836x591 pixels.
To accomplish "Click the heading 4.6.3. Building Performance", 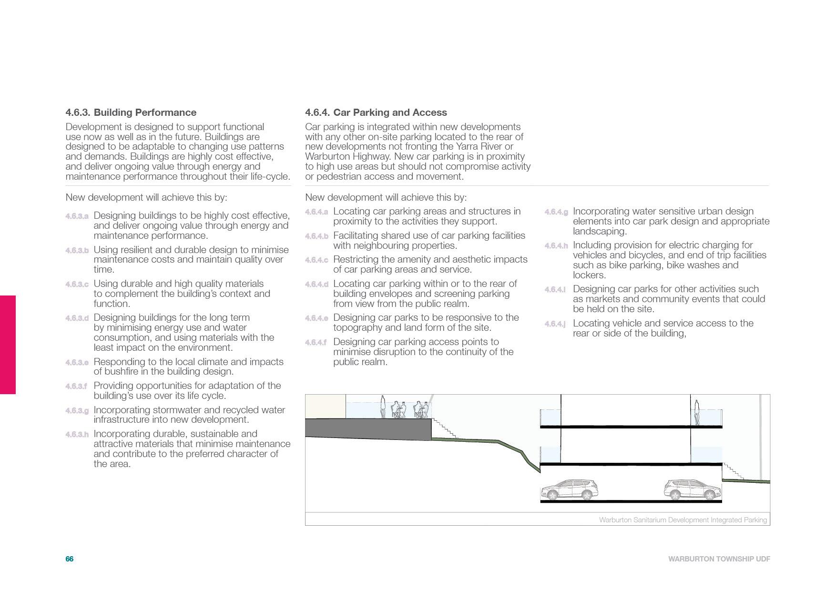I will coord(131,112).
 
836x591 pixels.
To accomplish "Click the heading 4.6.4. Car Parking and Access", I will coord(376,112).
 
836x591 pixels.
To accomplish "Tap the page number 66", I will coord(70,559).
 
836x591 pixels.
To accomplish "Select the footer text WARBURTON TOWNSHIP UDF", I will coord(719,559).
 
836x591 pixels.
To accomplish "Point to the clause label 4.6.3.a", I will coord(77,216).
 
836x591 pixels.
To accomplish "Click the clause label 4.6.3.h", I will coord(77,435).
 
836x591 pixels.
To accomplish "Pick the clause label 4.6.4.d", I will coord(316,285).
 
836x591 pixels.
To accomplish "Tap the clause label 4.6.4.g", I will coord(556,212).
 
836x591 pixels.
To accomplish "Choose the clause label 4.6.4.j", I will coord(555,324).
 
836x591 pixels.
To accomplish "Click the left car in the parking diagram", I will coord(569,489).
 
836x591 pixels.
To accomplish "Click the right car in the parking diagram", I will coord(693,489).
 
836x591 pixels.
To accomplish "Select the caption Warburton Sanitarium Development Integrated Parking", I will coord(683,520).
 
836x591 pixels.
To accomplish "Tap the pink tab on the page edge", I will coord(8,345).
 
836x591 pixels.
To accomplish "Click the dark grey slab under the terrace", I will coord(367,428).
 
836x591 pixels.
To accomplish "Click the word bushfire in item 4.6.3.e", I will coord(121,372).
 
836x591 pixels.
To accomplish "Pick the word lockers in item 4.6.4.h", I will coord(589,275).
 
